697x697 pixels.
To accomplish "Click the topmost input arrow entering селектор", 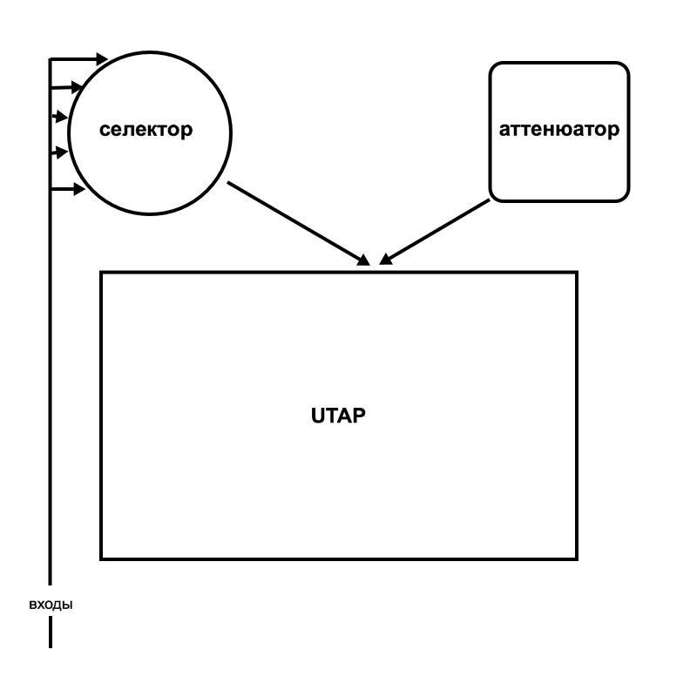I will tap(78, 59).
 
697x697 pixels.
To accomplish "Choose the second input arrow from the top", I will tap(65, 87).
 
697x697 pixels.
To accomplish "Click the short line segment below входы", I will tap(51, 633).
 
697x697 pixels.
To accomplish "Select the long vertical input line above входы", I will tap(51, 348).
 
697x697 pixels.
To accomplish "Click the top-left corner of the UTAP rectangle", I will tap(102, 273).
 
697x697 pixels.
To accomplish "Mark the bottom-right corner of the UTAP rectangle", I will tap(577, 558).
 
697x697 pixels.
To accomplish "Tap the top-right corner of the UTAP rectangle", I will tap(577, 273).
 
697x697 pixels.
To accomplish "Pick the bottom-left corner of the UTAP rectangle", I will tap(102, 558).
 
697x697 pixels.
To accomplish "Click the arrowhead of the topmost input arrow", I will tap(102, 59).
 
